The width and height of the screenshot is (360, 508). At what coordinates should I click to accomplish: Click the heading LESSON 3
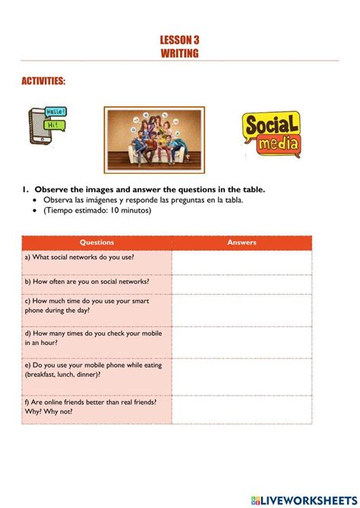(180, 39)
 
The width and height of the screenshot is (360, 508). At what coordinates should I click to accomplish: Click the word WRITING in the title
(180, 53)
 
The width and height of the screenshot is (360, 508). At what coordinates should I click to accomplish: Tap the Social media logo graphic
(271, 135)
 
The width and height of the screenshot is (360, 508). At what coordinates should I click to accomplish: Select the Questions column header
(96, 243)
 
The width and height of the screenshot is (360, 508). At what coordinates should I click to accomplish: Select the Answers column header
(242, 243)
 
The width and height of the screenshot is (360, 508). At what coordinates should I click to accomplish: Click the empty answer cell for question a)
(242, 261)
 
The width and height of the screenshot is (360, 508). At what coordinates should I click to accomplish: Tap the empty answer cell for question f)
(242, 409)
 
